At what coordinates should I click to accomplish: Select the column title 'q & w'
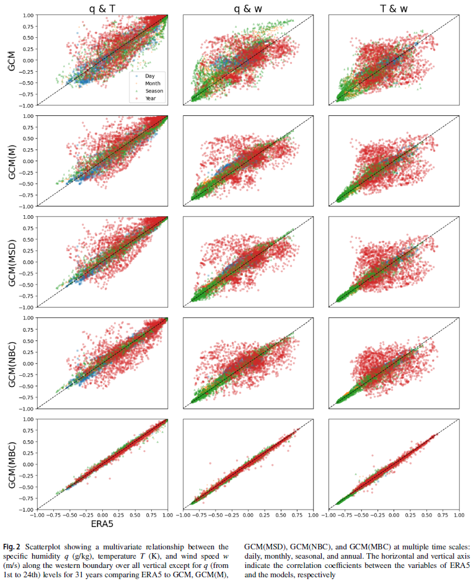[247, 7]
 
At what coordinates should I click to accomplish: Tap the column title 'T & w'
[393, 7]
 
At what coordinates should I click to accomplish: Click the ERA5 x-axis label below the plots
[102, 525]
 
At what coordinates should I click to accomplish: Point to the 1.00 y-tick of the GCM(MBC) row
[27, 419]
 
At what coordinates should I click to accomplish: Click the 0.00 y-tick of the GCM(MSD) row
[27, 262]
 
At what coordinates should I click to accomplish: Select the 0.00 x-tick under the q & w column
[248, 515]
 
